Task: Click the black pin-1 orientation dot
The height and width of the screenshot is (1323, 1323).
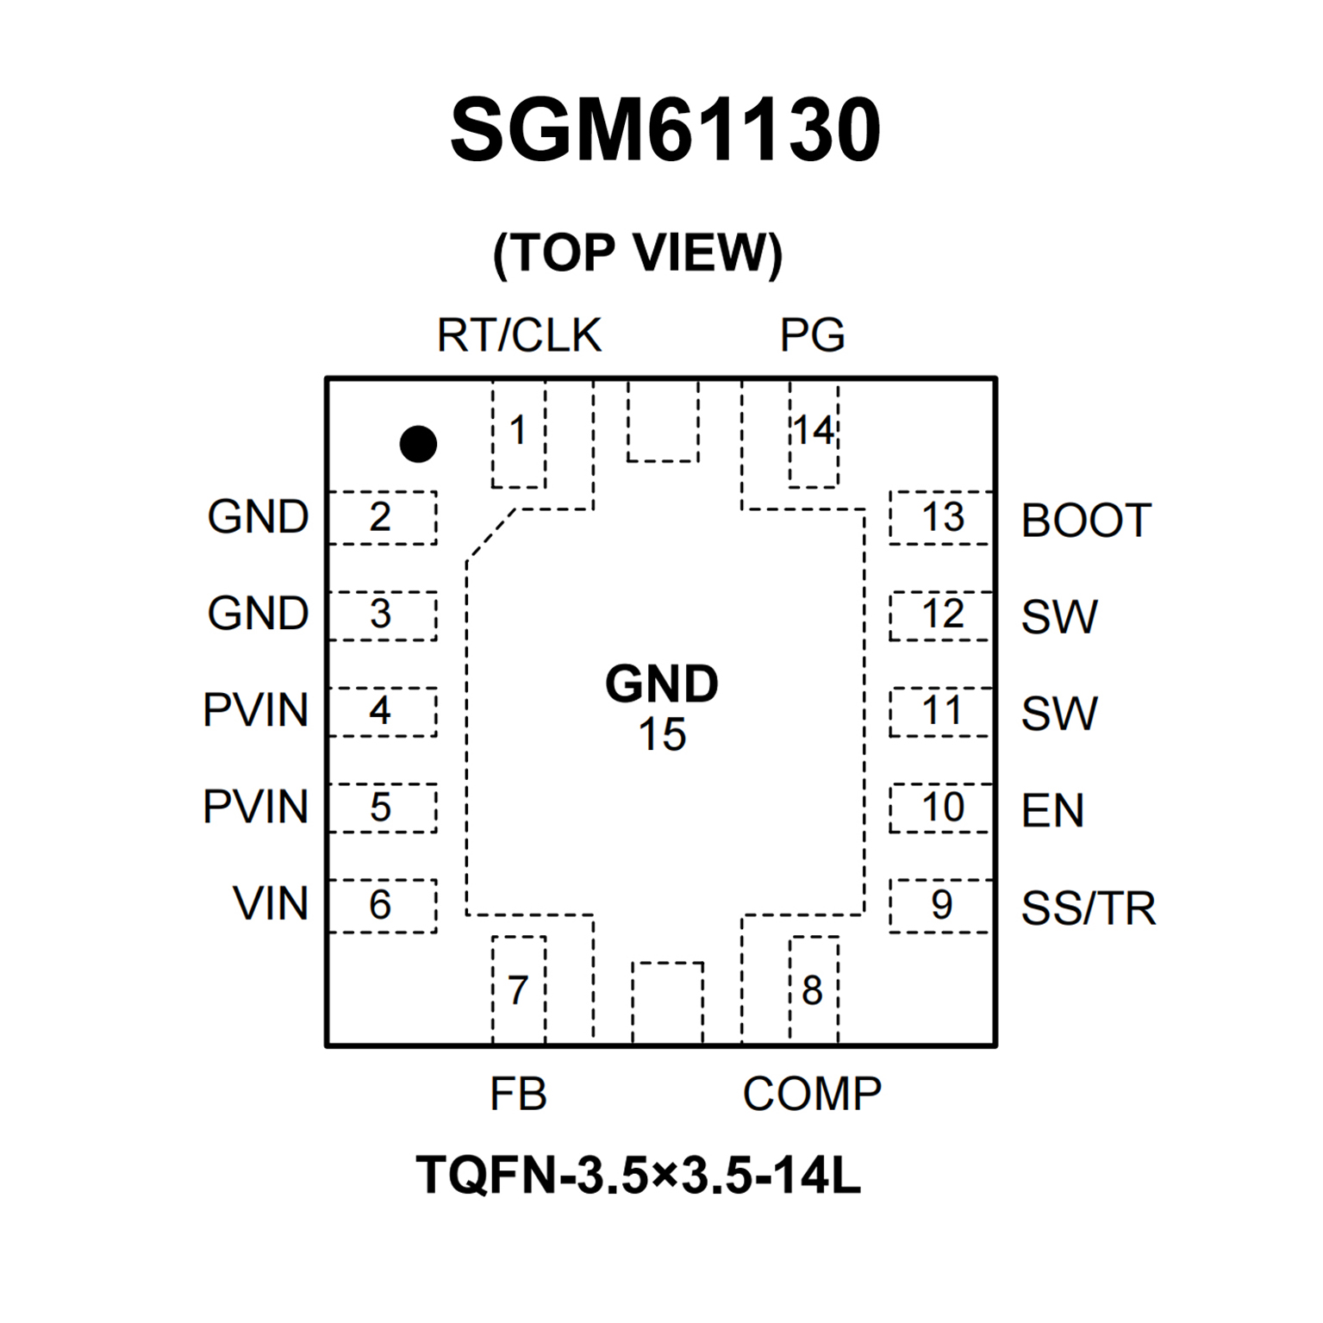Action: (x=418, y=444)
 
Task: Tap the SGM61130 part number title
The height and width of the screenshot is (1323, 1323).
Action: (x=665, y=130)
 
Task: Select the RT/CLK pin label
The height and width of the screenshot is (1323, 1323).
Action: (x=519, y=335)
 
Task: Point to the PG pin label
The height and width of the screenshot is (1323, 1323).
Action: (x=812, y=335)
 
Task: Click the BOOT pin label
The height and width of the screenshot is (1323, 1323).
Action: (x=1086, y=521)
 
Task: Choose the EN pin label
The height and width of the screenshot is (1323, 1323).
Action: (x=1052, y=810)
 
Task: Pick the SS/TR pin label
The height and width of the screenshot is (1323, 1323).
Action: (x=1088, y=908)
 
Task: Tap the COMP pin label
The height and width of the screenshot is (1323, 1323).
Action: (x=812, y=1095)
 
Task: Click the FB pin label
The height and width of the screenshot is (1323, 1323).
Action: (x=518, y=1095)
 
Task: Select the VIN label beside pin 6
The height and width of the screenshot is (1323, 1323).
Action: (x=271, y=904)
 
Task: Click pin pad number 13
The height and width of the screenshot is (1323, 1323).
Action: (x=942, y=518)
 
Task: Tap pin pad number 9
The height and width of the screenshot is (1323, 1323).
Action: (x=941, y=905)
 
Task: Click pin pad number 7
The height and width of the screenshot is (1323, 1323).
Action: (x=517, y=990)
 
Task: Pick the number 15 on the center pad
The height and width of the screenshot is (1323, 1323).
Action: (x=662, y=735)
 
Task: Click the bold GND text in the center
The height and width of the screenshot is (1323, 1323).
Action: (x=662, y=684)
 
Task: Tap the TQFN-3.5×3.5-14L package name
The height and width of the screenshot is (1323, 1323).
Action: (x=638, y=1175)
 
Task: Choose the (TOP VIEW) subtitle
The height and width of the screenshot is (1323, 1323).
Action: (x=638, y=253)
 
